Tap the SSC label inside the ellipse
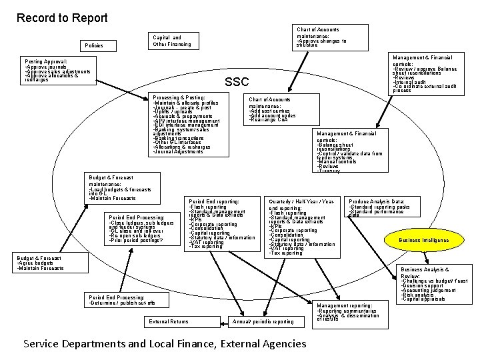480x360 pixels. click(x=237, y=82)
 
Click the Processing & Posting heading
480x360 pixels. click(x=179, y=98)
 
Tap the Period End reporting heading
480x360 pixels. click(x=214, y=201)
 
